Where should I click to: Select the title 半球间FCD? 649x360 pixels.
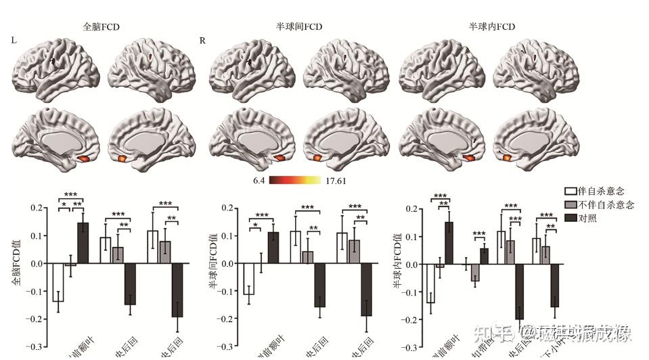299,27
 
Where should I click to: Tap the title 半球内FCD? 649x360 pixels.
492,27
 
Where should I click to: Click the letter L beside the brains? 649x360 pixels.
14,41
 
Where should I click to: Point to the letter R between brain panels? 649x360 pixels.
202,41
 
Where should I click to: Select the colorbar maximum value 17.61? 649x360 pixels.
341,181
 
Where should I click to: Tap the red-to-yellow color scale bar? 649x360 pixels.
300,181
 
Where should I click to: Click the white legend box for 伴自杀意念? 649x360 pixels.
570,192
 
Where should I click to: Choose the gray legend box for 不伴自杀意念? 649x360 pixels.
570,205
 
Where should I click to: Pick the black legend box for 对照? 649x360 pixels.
570,217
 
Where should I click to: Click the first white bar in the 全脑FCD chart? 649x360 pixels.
58,282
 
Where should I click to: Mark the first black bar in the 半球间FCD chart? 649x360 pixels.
273,248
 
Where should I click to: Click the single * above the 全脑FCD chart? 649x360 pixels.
64,204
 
